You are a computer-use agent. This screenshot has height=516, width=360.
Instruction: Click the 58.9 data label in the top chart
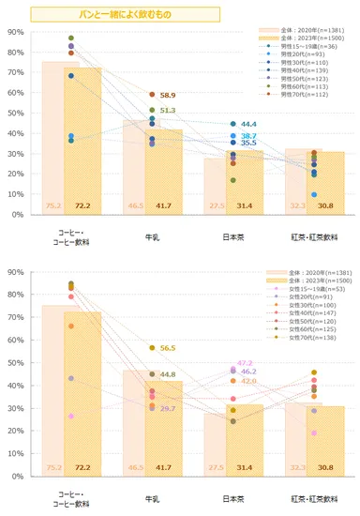(168, 96)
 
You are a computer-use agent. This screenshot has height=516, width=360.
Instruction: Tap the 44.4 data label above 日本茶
(248, 124)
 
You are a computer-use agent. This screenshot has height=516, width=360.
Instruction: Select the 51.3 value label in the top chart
(168, 111)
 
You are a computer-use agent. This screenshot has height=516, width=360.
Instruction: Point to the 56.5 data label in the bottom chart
(168, 348)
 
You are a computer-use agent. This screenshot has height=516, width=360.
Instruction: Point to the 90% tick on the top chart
(16, 33)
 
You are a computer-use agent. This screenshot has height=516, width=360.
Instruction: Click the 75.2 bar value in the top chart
(53, 205)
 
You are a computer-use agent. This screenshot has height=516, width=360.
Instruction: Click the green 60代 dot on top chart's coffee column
(71, 38)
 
